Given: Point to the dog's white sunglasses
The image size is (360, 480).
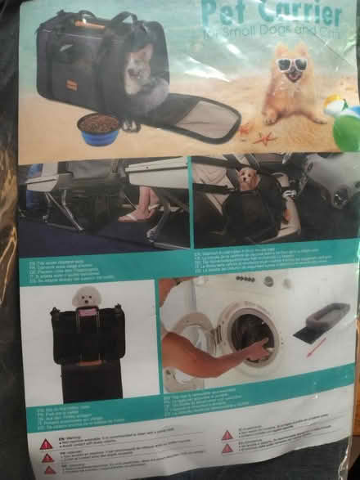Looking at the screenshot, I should click(291, 65).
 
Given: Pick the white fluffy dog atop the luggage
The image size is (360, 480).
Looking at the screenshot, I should click(84, 297).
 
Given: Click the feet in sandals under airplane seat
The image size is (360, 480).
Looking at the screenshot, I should click(136, 216).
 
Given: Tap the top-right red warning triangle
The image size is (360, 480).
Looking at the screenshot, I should click(227, 436).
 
